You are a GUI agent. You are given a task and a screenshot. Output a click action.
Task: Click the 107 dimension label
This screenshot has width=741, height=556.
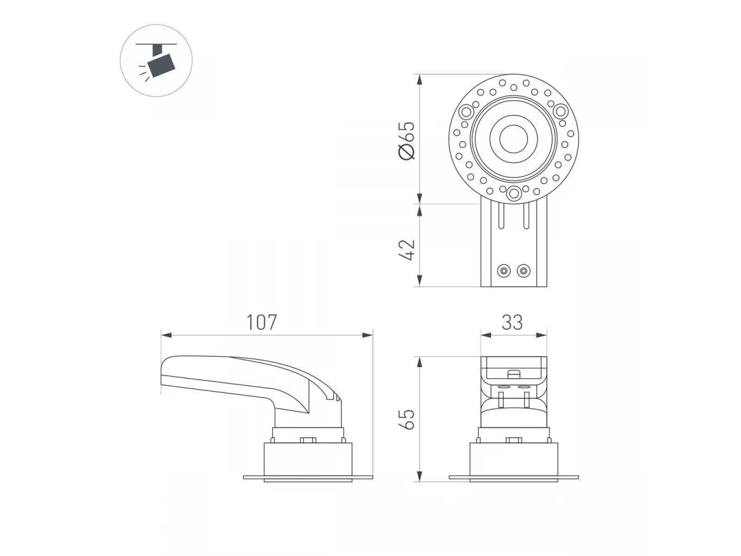point(262,322)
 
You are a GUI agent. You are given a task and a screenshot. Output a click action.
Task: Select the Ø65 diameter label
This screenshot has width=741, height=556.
point(406,140)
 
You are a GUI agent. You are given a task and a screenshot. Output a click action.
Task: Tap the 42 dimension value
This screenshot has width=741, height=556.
point(406,250)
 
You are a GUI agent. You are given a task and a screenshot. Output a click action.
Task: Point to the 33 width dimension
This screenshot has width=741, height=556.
point(512,322)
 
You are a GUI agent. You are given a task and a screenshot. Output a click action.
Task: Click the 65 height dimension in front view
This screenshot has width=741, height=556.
point(406,419)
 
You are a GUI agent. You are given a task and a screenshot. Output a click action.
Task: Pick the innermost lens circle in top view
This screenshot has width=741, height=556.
point(514,139)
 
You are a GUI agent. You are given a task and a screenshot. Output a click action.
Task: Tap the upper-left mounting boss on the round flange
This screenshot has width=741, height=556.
point(467,111)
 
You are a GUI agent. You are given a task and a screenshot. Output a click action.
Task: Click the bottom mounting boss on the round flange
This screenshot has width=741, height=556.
point(514,194)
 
